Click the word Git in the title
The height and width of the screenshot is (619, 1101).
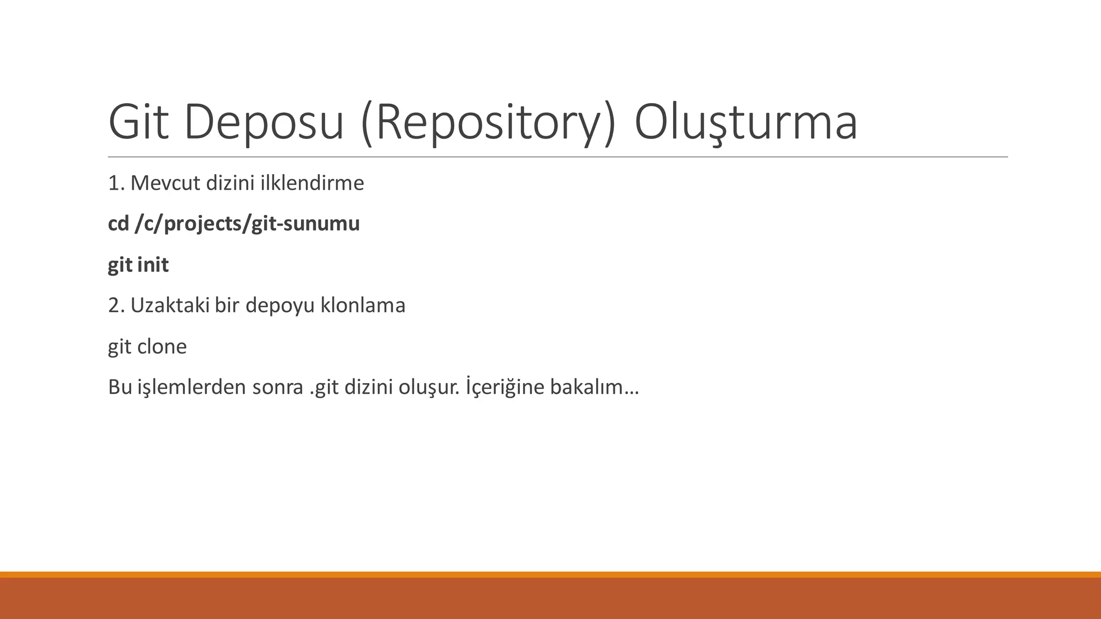pyautogui.click(x=139, y=123)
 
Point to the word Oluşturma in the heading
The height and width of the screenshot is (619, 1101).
pyautogui.click(x=746, y=123)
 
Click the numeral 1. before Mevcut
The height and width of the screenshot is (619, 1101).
pyautogui.click(x=117, y=183)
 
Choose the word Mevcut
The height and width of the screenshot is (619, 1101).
pyautogui.click(x=166, y=183)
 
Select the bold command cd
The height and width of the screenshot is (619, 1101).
pyautogui.click(x=118, y=224)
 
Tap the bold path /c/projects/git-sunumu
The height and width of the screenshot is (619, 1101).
pyautogui.click(x=247, y=224)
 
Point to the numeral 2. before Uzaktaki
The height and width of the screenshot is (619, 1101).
pyautogui.click(x=117, y=305)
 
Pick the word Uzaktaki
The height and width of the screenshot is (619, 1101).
pyautogui.click(x=170, y=305)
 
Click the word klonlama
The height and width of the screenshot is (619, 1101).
pyautogui.click(x=363, y=305)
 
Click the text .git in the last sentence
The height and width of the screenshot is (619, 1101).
pyautogui.click(x=324, y=387)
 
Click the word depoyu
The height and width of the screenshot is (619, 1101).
pyautogui.click(x=280, y=305)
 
